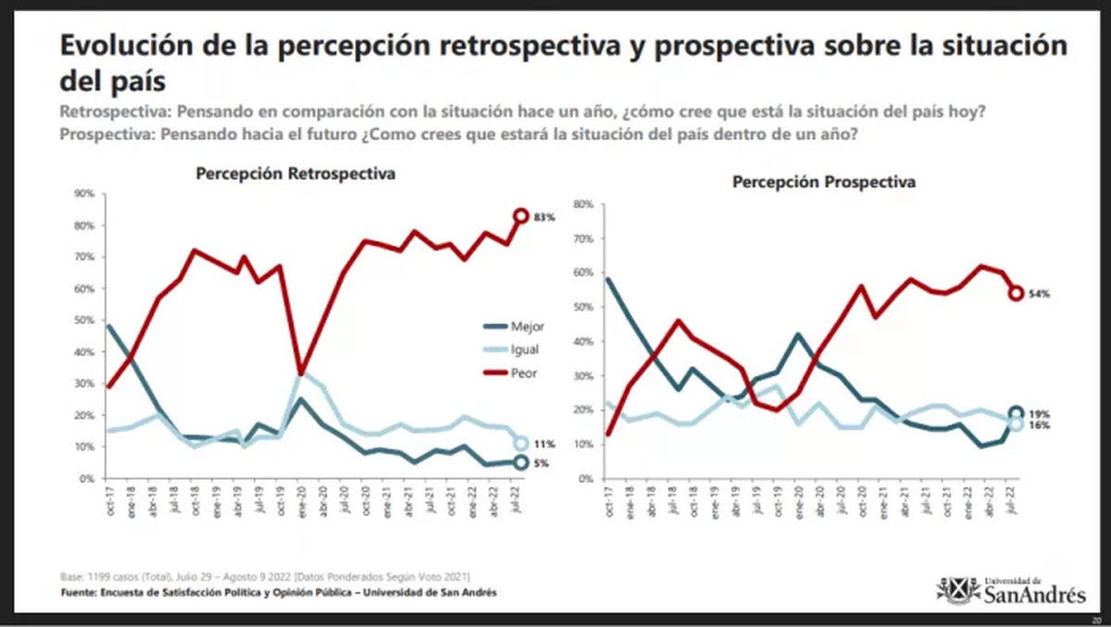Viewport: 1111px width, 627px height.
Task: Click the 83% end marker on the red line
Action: coord(521,216)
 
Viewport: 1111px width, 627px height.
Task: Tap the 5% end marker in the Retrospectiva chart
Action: coord(521,462)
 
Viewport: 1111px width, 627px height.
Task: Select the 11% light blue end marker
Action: coord(521,444)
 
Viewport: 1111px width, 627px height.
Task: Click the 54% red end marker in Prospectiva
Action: coord(1016,293)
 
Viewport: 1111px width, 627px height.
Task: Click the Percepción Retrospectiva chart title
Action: coord(295,174)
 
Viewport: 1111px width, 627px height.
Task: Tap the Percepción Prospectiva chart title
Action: coord(824,182)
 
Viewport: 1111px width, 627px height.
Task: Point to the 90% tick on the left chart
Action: coord(84,194)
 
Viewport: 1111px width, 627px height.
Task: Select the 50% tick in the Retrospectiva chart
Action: coord(84,320)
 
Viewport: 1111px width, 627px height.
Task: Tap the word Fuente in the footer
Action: coord(81,593)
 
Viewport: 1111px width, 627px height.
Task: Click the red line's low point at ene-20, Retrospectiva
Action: coord(299,372)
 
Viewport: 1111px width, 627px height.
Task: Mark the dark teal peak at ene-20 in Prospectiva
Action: coord(797,334)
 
